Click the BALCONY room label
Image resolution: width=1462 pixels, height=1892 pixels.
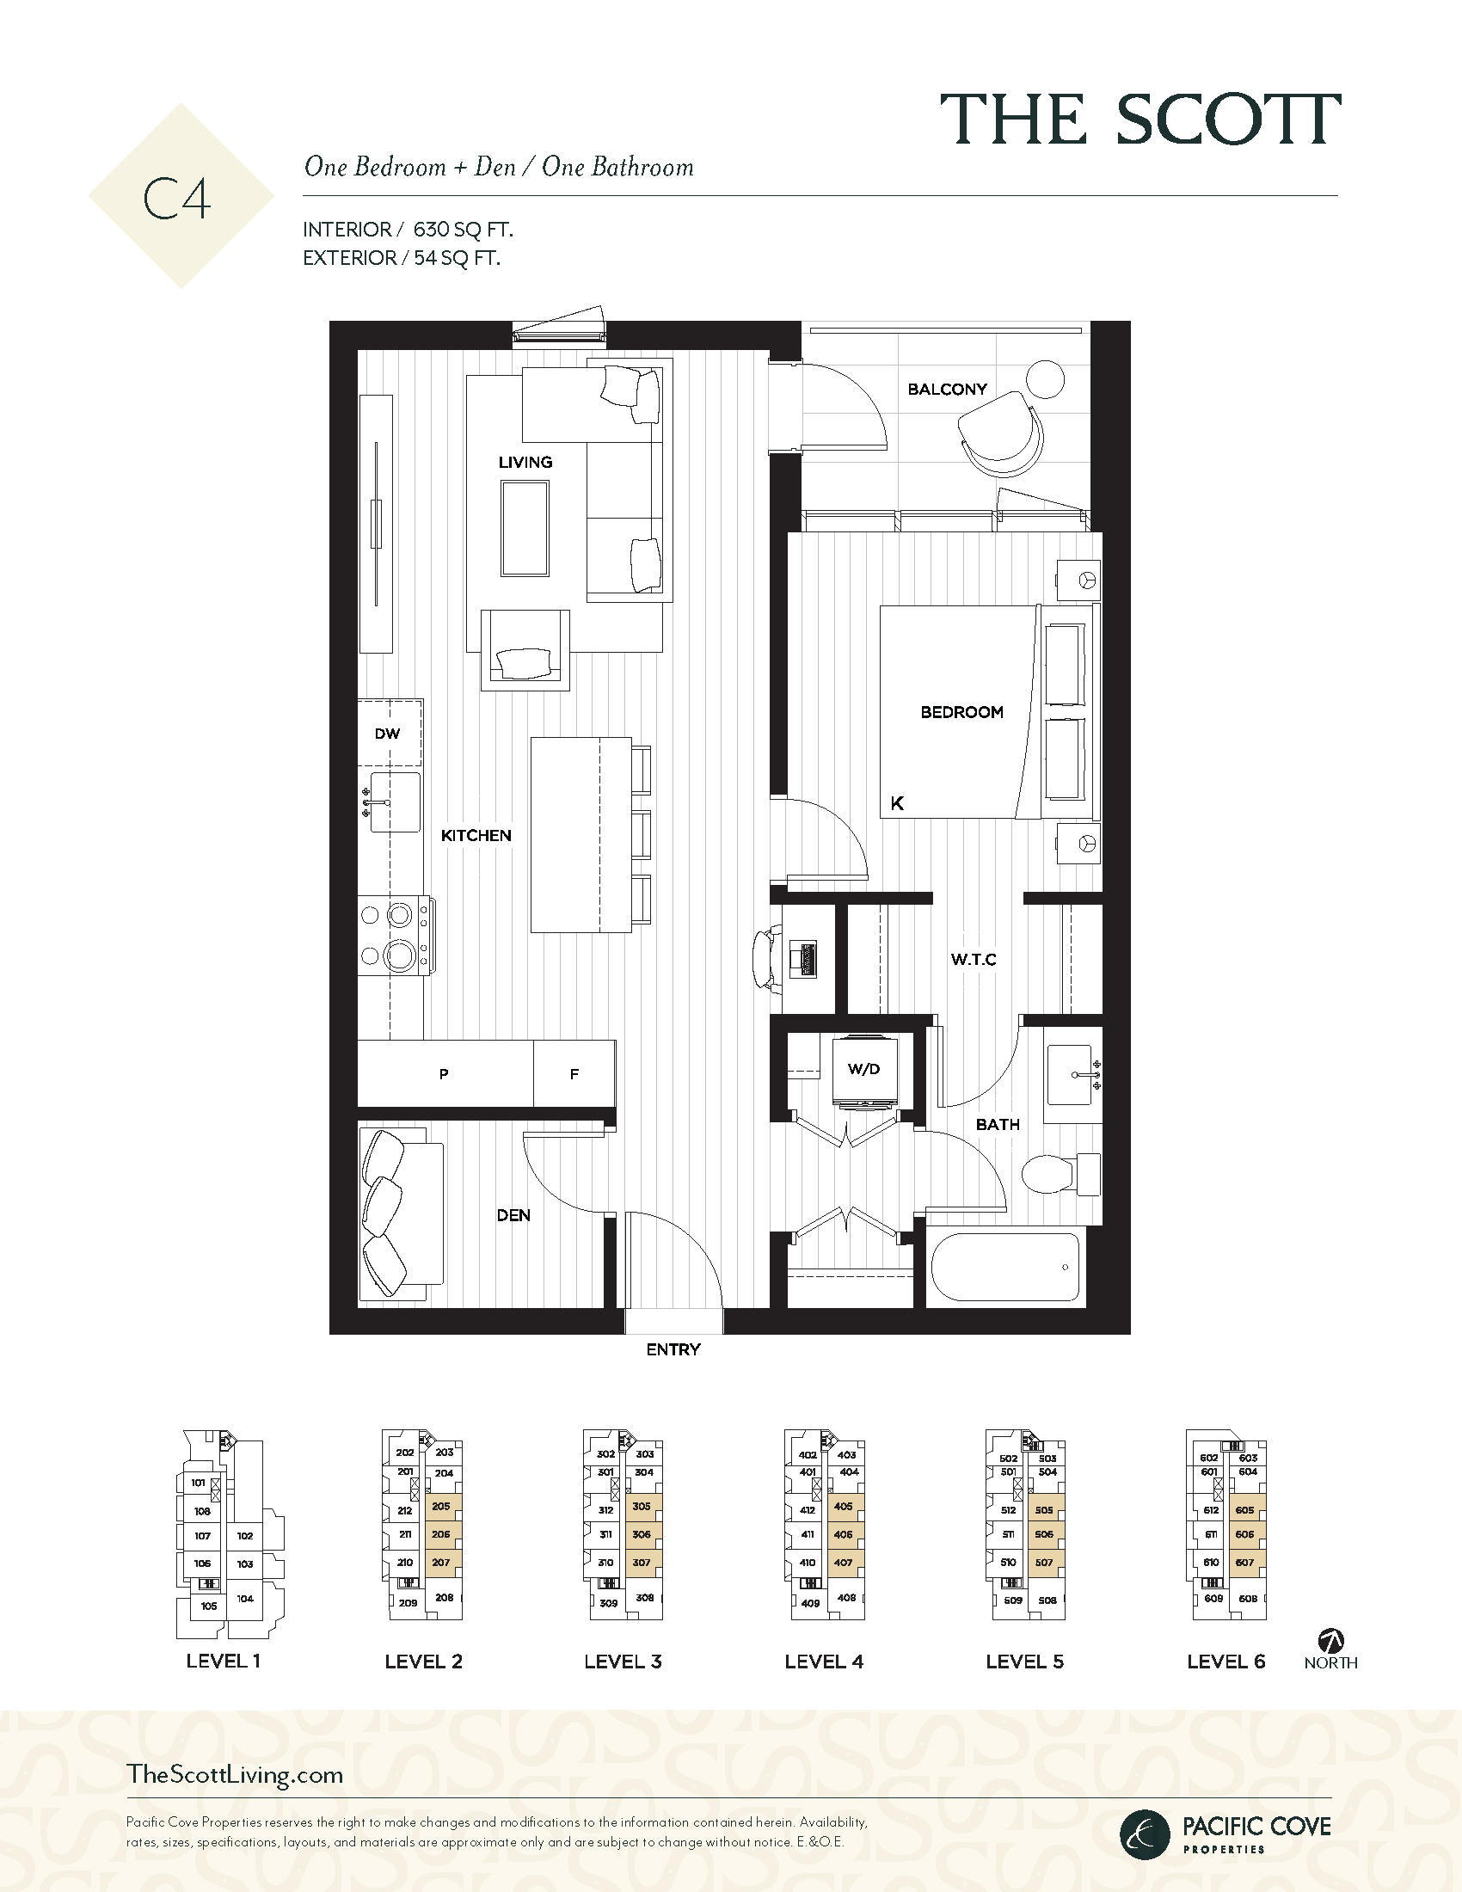(947, 390)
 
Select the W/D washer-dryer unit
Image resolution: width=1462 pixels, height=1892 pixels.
(863, 1071)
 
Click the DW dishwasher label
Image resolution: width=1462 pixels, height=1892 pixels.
(387, 734)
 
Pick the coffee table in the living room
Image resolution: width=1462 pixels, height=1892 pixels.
(524, 528)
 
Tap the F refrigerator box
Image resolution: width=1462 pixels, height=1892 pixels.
(574, 1073)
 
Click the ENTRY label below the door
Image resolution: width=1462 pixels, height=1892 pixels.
(673, 1348)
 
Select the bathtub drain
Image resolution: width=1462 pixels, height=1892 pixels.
(1065, 1268)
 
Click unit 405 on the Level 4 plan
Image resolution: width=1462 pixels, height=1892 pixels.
(843, 1507)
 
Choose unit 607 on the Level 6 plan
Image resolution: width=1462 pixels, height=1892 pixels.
(1244, 1562)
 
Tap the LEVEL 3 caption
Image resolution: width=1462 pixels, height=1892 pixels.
(623, 1661)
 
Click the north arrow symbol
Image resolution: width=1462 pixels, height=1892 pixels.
(1330, 1640)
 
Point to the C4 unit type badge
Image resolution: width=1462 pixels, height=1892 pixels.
(180, 197)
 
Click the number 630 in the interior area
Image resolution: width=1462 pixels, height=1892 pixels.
(431, 230)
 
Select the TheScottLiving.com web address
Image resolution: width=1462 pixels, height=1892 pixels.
(235, 1774)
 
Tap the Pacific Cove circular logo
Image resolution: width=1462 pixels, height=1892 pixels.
(1144, 1835)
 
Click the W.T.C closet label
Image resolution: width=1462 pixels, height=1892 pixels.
(974, 959)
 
